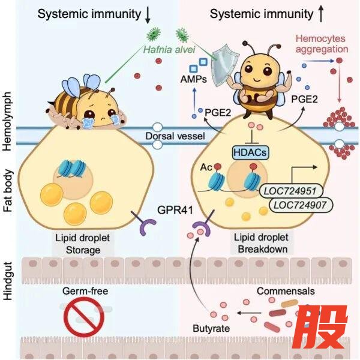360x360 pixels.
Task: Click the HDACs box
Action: coord(250,153)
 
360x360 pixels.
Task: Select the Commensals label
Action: coord(283,291)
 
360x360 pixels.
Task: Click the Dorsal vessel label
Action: coord(175,136)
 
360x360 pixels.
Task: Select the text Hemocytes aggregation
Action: coord(322,44)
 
